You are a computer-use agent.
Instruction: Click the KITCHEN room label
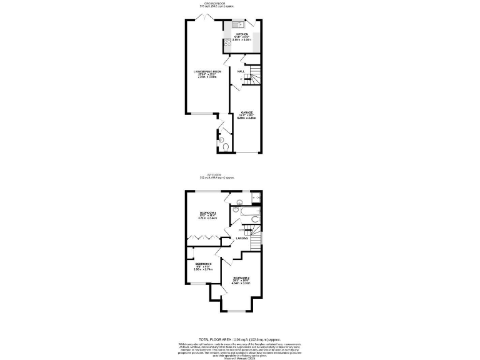242,34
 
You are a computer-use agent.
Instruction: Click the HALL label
241,72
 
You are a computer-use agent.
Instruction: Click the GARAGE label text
247,112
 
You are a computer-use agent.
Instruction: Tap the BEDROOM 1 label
207,213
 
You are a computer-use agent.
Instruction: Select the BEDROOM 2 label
242,277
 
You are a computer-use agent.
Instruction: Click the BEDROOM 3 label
203,264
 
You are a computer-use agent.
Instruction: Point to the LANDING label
242,239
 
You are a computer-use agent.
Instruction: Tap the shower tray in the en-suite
256,198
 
